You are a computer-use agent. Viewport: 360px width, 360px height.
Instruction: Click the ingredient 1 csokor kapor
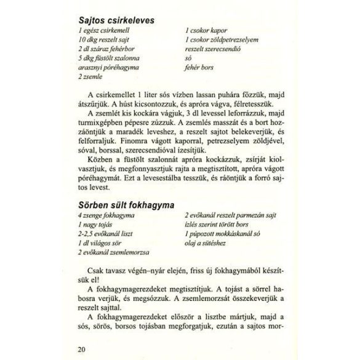(207, 30)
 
